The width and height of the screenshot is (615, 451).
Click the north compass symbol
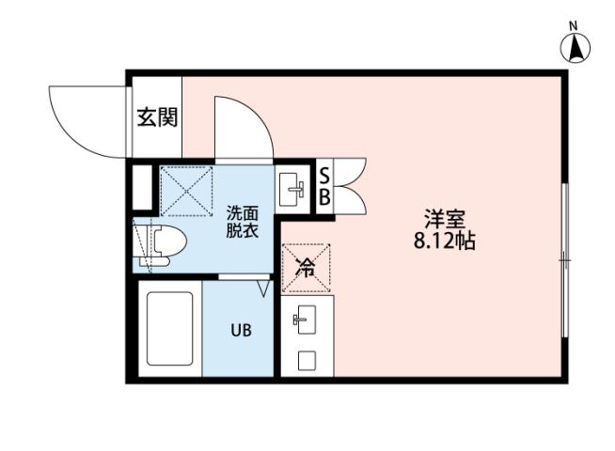point(575,46)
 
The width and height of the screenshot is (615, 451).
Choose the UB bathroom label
point(241,330)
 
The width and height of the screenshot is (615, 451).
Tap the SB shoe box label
point(323,186)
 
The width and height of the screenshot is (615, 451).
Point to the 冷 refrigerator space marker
point(306,266)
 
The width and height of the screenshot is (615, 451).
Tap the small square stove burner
point(306,360)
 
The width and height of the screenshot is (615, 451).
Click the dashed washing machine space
point(185,192)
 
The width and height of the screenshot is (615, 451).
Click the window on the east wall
point(564,259)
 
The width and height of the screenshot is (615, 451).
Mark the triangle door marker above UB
point(264,283)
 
